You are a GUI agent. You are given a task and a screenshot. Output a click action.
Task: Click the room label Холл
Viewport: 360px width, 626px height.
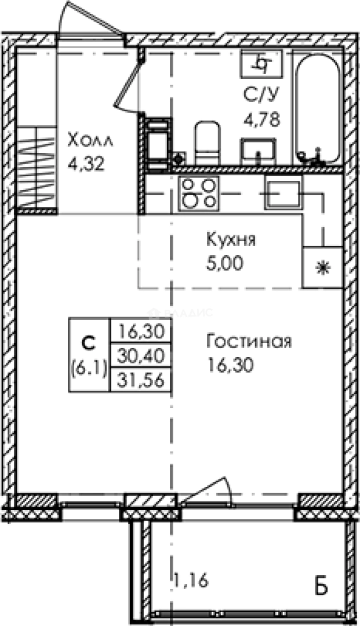point(91,140)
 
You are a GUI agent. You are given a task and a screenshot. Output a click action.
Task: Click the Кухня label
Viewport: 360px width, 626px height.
point(230,239)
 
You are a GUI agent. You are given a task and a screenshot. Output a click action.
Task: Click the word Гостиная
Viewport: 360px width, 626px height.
point(248,341)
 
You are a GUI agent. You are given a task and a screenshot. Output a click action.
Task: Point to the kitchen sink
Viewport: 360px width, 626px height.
point(283,191)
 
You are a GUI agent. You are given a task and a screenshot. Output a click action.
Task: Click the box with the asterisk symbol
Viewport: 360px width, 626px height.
point(322,267)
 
